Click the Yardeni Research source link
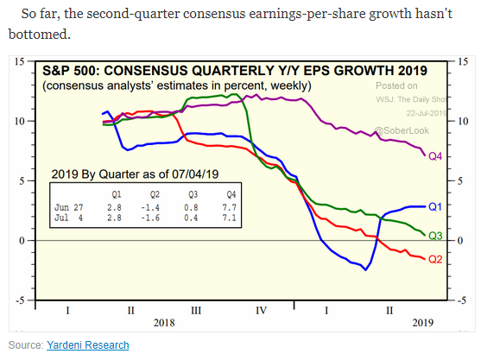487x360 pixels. click(88, 345)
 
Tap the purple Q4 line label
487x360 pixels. click(435, 156)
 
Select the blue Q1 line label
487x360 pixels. click(435, 206)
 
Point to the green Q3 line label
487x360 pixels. click(435, 236)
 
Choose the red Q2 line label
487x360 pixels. click(435, 259)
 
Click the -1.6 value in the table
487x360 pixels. click(150, 218)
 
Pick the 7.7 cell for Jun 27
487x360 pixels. click(229, 207)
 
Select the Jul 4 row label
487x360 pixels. click(68, 218)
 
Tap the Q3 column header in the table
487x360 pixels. click(193, 194)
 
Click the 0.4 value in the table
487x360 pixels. click(191, 218)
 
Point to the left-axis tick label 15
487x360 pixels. click(19, 61)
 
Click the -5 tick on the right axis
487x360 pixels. click(461, 300)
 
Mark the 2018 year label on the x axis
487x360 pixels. click(164, 323)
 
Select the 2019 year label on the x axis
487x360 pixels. click(423, 323)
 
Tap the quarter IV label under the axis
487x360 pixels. click(262, 310)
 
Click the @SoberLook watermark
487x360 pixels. click(402, 130)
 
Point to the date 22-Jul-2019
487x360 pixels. click(427, 113)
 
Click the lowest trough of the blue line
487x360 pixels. click(365, 270)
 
